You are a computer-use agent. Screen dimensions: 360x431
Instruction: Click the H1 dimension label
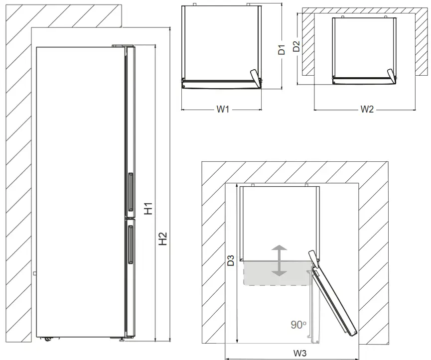point(148,209)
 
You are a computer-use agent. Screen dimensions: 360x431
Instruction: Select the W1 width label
point(222,110)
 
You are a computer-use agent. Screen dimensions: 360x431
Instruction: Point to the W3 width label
point(299,353)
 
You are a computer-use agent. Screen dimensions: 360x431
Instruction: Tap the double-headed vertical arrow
point(280,260)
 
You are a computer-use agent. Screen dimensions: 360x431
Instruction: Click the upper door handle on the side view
point(131,192)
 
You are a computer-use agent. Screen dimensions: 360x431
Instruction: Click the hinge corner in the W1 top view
point(255,78)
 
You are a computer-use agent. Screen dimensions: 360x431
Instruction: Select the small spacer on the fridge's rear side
point(33,273)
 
